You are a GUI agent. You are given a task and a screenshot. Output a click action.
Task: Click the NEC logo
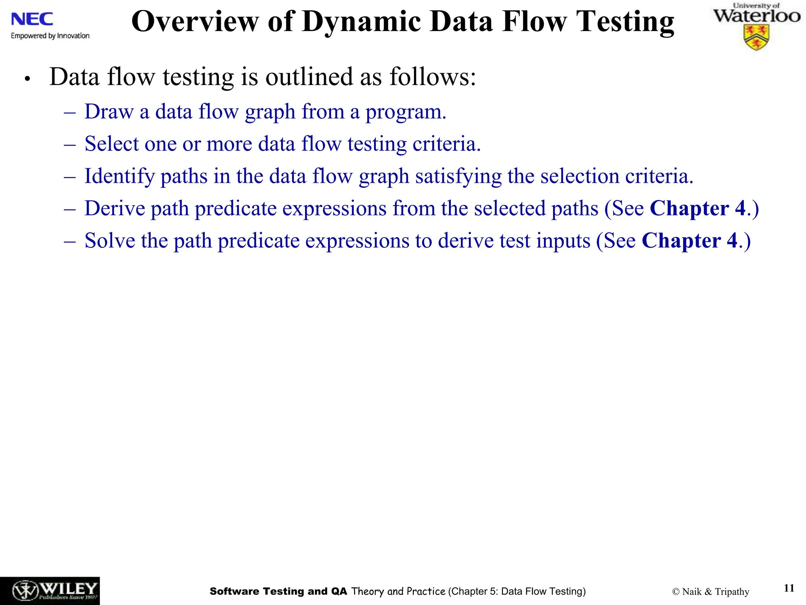pyautogui.click(x=32, y=19)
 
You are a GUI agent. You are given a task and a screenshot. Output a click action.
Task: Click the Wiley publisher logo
pyautogui.click(x=50, y=591)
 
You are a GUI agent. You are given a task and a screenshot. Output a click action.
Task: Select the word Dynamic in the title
pyautogui.click(x=365, y=22)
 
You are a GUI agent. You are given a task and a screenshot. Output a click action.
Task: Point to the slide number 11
pyautogui.click(x=789, y=588)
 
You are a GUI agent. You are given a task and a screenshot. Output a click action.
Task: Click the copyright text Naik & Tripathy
pyautogui.click(x=711, y=592)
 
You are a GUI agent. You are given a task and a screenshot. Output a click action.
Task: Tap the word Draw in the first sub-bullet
pyautogui.click(x=109, y=111)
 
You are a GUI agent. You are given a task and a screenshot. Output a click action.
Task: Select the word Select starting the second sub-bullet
pyautogui.click(x=112, y=144)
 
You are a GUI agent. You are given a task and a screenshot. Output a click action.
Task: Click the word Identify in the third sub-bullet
pyautogui.click(x=120, y=176)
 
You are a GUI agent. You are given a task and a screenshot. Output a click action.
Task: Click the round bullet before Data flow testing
pyautogui.click(x=27, y=79)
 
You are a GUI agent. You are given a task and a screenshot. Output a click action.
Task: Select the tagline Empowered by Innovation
pyautogui.click(x=50, y=36)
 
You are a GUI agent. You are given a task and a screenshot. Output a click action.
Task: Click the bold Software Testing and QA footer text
pyautogui.click(x=278, y=591)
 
